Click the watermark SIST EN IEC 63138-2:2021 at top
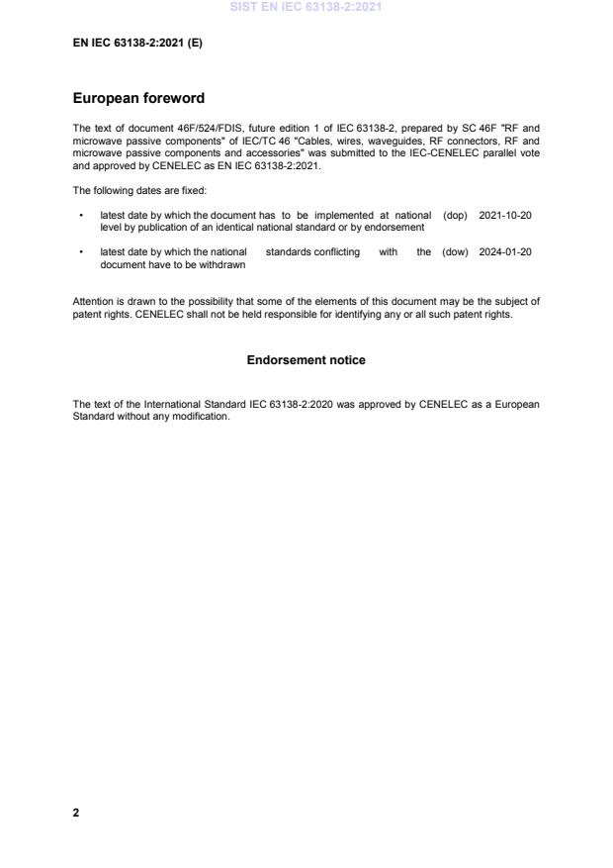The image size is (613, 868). pos(306,7)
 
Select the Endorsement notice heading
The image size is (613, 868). pos(306,360)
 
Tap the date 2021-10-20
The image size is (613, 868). pos(505,215)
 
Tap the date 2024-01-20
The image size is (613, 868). pos(505,252)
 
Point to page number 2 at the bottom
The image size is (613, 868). pos(76,813)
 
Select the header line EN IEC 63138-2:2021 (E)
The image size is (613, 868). pos(137,44)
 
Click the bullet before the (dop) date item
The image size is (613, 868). pos(79,215)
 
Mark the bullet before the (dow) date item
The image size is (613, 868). pos(79,252)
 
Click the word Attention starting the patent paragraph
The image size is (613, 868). pos(92,300)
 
